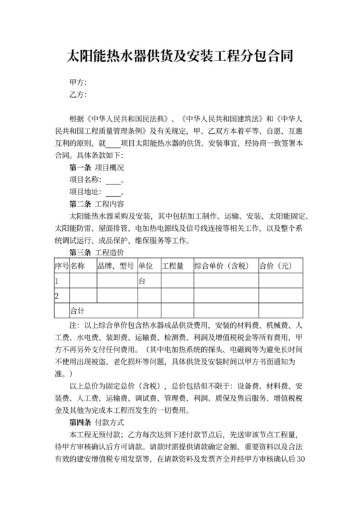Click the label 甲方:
(x=78, y=83)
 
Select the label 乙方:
(x=78, y=95)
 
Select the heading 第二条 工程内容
(x=96, y=205)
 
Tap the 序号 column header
(x=61, y=265)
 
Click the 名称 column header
(x=77, y=265)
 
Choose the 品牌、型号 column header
(x=116, y=265)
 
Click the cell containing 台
(x=142, y=281)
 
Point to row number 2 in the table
(x=57, y=296)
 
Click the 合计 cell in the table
(x=77, y=310)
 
